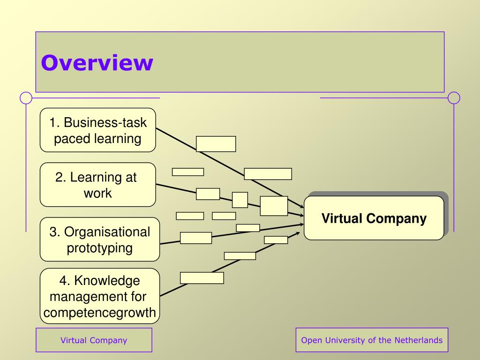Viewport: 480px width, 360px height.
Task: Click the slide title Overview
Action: pos(97,63)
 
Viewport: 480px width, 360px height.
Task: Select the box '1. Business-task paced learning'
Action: pos(97,130)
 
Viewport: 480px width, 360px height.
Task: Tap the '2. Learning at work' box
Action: pos(97,185)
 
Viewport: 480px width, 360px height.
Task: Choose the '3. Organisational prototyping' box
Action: pos(99,239)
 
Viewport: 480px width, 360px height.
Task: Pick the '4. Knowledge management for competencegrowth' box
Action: pos(99,296)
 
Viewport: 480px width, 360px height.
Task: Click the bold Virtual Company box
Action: pos(374,218)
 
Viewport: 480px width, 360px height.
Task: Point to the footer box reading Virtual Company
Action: pos(94,340)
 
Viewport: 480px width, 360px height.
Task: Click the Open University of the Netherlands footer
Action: pos(372,340)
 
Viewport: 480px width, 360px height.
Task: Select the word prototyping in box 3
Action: pos(99,247)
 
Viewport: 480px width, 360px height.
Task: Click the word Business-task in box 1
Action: pos(105,123)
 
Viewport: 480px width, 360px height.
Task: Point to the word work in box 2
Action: pos(97,193)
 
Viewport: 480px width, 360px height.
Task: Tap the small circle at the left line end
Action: pos(26,98)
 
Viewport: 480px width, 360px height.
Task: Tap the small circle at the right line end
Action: pos(454,98)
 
